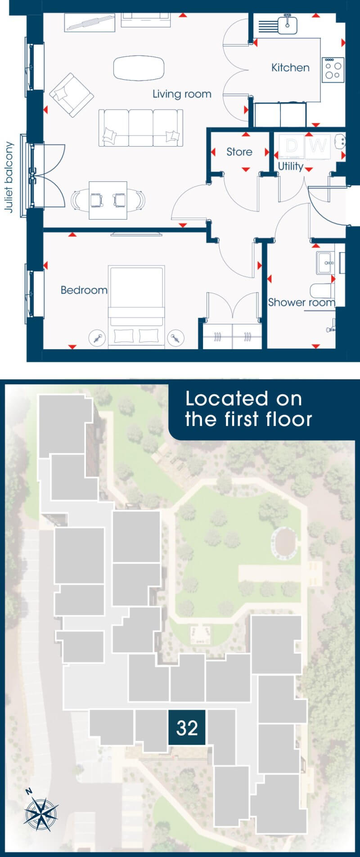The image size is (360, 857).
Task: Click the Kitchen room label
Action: [x=290, y=67]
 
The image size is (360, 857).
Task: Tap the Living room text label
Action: [x=182, y=94]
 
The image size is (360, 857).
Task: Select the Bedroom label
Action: [x=84, y=290]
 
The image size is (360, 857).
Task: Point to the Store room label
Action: [x=239, y=152]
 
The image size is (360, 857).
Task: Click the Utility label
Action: [x=290, y=166]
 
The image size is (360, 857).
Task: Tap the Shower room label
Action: [x=301, y=302]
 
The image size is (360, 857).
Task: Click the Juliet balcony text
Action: [x=9, y=177]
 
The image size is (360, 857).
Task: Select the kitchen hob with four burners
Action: [x=333, y=70]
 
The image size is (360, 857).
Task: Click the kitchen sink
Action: [x=288, y=25]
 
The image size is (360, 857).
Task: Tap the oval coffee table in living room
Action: [x=139, y=68]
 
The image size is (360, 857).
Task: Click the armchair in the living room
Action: [x=72, y=95]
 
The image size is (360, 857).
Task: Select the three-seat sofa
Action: [x=141, y=128]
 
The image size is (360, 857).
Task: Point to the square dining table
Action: [x=108, y=200]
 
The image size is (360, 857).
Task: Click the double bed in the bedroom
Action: [x=136, y=306]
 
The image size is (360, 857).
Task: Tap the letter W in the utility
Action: [x=318, y=146]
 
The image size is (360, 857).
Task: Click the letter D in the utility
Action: [x=292, y=146]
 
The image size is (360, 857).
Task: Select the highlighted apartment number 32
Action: [x=187, y=727]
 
